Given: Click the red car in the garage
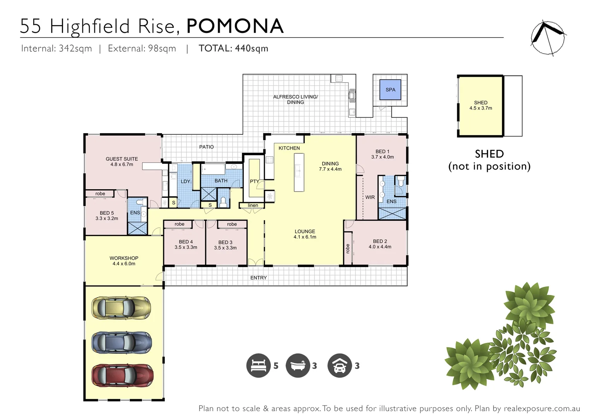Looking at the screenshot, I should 122,375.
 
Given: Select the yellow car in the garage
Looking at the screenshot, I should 121,308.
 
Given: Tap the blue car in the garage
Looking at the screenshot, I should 121,342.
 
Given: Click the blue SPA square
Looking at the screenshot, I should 390,90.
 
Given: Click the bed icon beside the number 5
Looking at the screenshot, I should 258,365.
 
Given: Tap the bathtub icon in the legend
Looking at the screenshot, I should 298,365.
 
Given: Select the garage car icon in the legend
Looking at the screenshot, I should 340,365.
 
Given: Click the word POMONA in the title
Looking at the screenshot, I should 235,26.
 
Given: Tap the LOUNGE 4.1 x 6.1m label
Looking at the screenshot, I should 305,234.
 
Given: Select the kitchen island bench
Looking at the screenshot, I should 299,172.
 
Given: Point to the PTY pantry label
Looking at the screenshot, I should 255,181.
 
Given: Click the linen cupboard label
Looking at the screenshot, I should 253,205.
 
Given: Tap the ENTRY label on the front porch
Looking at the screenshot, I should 258,278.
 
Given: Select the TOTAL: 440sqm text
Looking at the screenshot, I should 233,48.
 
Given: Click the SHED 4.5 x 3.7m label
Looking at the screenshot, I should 481,105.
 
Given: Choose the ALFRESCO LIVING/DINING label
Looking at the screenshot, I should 295,99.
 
